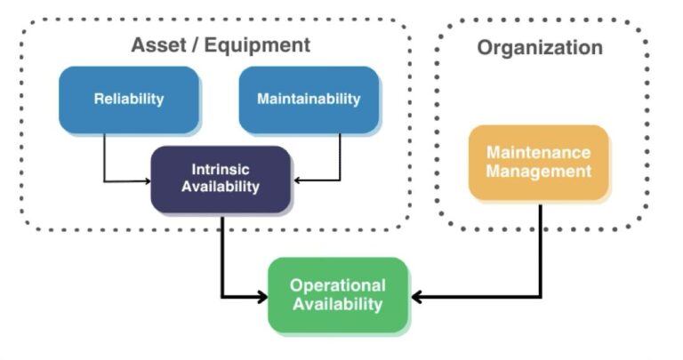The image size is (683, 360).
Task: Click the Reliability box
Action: pyautogui.click(x=129, y=99)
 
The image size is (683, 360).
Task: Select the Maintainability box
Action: pyautogui.click(x=309, y=99)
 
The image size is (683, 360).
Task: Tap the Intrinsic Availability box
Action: pyautogui.click(x=221, y=178)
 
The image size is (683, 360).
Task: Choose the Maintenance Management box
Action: pyautogui.click(x=539, y=162)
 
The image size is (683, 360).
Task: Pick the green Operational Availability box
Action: pyautogui.click(x=338, y=295)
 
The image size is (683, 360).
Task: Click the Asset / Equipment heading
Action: pyautogui.click(x=221, y=44)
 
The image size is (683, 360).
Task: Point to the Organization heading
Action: pyautogui.click(x=540, y=47)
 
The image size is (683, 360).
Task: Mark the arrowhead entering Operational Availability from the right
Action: pyautogui.click(x=415, y=296)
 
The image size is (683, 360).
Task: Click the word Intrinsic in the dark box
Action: pyautogui.click(x=221, y=169)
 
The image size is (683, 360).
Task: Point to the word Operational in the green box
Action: pyautogui.click(x=338, y=285)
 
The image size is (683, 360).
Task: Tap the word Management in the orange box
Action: pyautogui.click(x=539, y=171)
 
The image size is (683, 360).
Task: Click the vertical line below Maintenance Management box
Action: pyautogui.click(x=540, y=249)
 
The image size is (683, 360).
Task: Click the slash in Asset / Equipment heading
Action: pyautogui.click(x=190, y=44)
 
